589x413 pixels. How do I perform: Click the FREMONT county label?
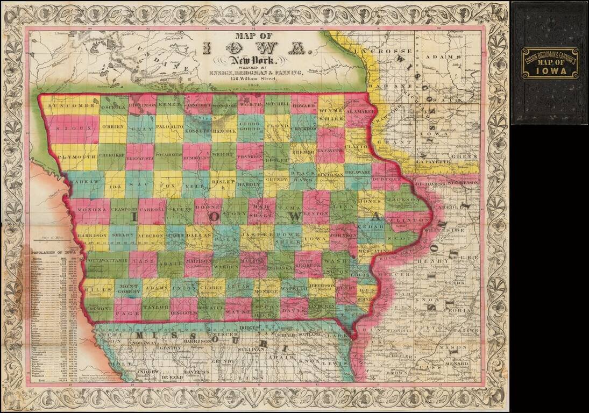coord(98,309)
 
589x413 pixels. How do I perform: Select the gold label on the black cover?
coord(549,62)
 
